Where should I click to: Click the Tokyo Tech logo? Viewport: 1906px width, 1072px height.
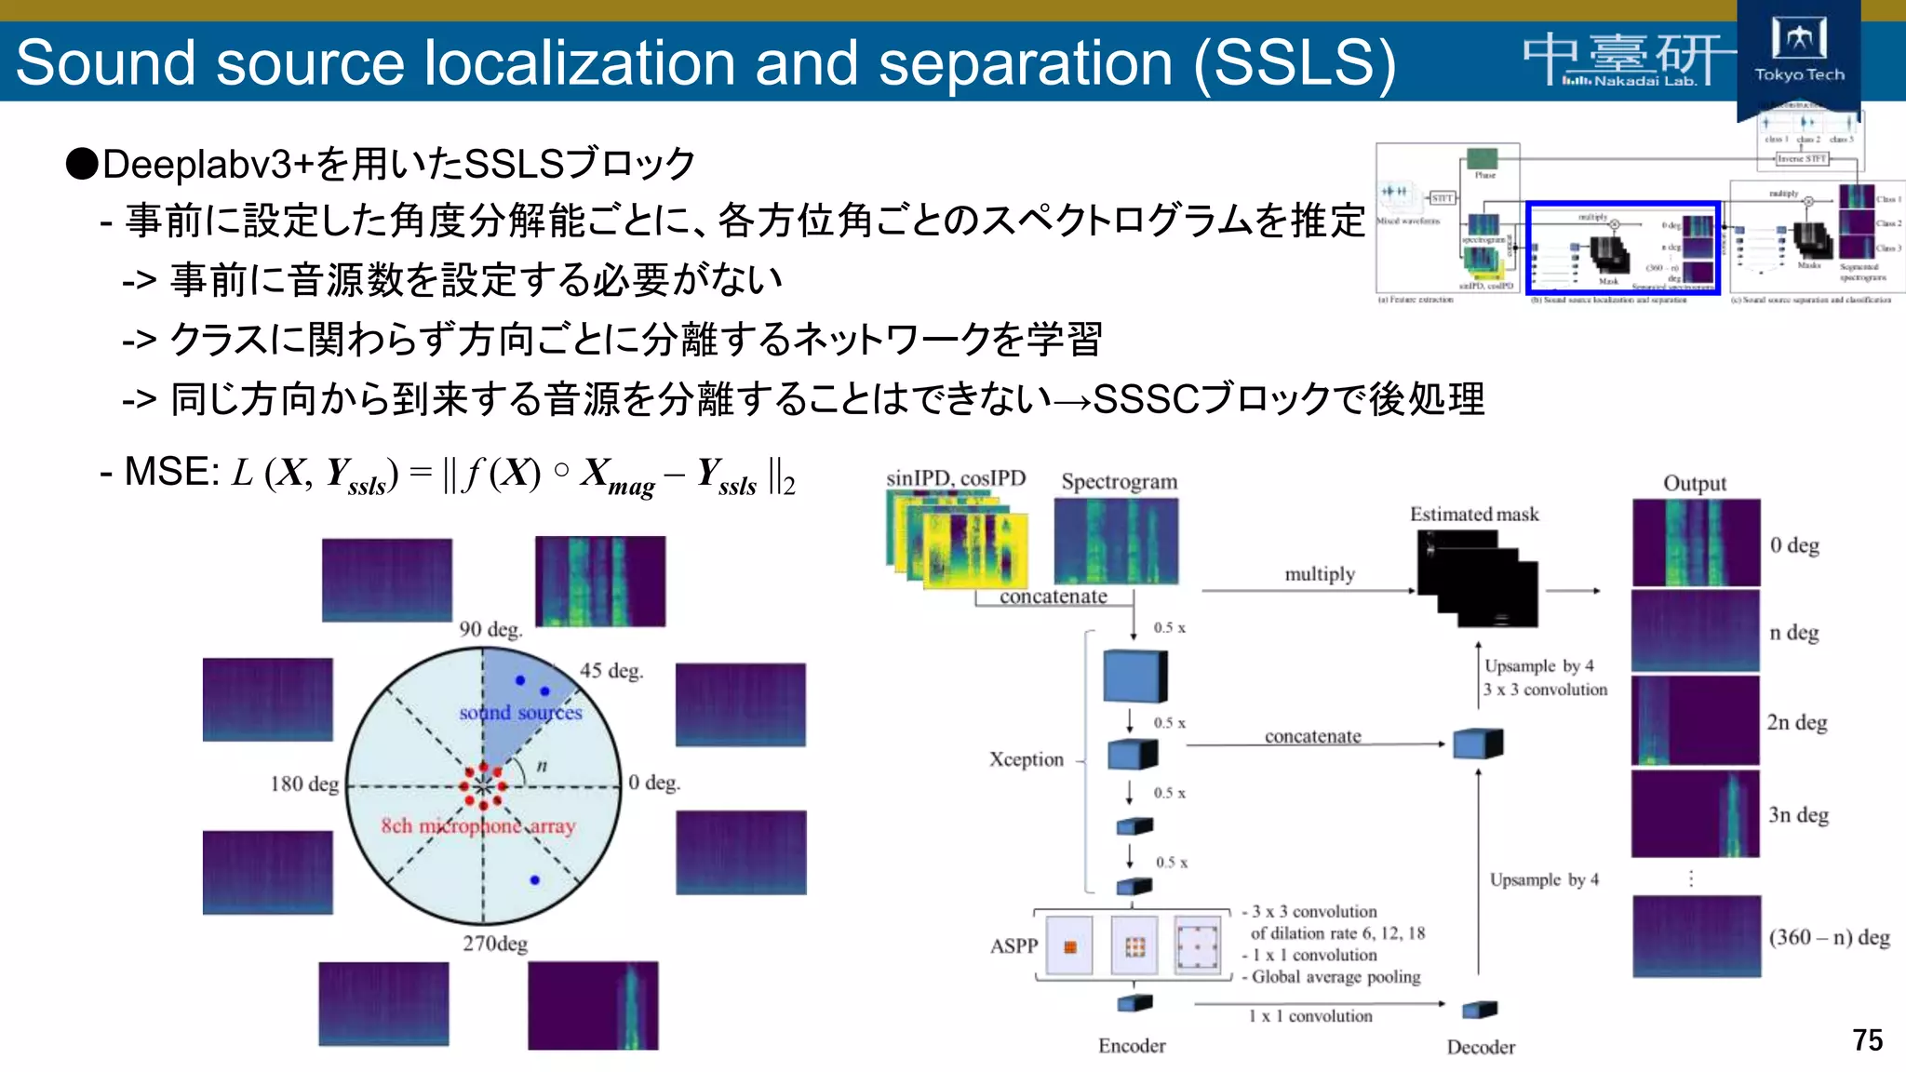point(1798,51)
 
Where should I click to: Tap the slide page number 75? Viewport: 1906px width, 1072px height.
point(1867,1039)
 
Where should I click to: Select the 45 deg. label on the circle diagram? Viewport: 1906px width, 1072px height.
point(611,671)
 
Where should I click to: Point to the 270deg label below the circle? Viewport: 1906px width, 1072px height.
point(495,944)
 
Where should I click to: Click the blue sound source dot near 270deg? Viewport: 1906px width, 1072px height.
point(534,879)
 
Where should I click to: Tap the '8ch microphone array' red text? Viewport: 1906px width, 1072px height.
point(478,826)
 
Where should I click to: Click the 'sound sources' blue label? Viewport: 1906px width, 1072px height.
point(520,713)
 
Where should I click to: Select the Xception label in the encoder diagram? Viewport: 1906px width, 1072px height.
point(1026,759)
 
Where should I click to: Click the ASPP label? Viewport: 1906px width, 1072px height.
point(1013,946)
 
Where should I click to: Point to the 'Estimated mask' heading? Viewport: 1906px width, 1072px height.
point(1474,515)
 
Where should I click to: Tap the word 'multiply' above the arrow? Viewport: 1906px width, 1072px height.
point(1320,574)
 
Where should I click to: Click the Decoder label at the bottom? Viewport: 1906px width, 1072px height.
point(1481,1048)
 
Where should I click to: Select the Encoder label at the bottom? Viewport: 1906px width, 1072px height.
point(1132,1046)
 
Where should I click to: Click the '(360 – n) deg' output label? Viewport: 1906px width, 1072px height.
point(1829,937)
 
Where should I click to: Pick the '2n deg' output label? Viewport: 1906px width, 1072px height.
point(1797,722)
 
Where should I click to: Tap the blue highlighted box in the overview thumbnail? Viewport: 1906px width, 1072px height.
point(1622,248)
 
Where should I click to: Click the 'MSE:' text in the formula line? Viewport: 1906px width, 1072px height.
point(172,473)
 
